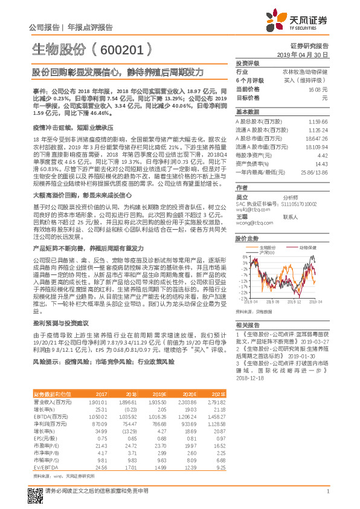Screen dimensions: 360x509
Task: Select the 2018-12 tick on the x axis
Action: (294, 301)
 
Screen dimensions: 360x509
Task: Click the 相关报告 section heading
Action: (245, 325)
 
